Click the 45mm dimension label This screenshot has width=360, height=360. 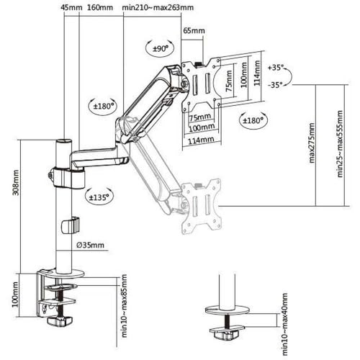point(71,8)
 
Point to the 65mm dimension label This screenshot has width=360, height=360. point(193,32)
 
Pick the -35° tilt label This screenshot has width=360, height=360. point(276,84)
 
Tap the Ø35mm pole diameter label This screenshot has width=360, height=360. point(91,246)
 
